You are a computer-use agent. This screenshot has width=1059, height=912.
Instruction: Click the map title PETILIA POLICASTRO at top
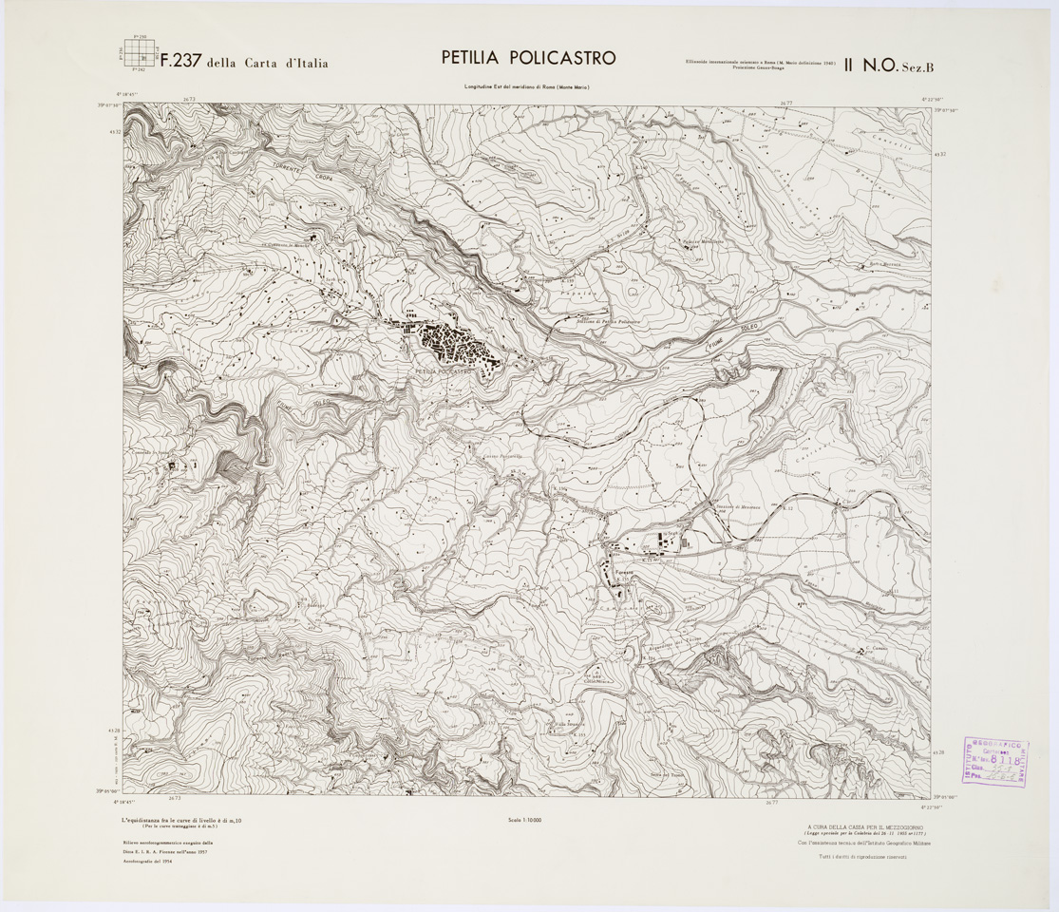(x=528, y=57)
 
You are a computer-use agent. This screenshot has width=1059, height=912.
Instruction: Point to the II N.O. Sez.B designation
(x=889, y=65)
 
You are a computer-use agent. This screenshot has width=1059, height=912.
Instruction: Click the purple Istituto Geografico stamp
(x=995, y=761)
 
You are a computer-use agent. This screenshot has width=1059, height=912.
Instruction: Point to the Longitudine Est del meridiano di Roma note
(x=528, y=87)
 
